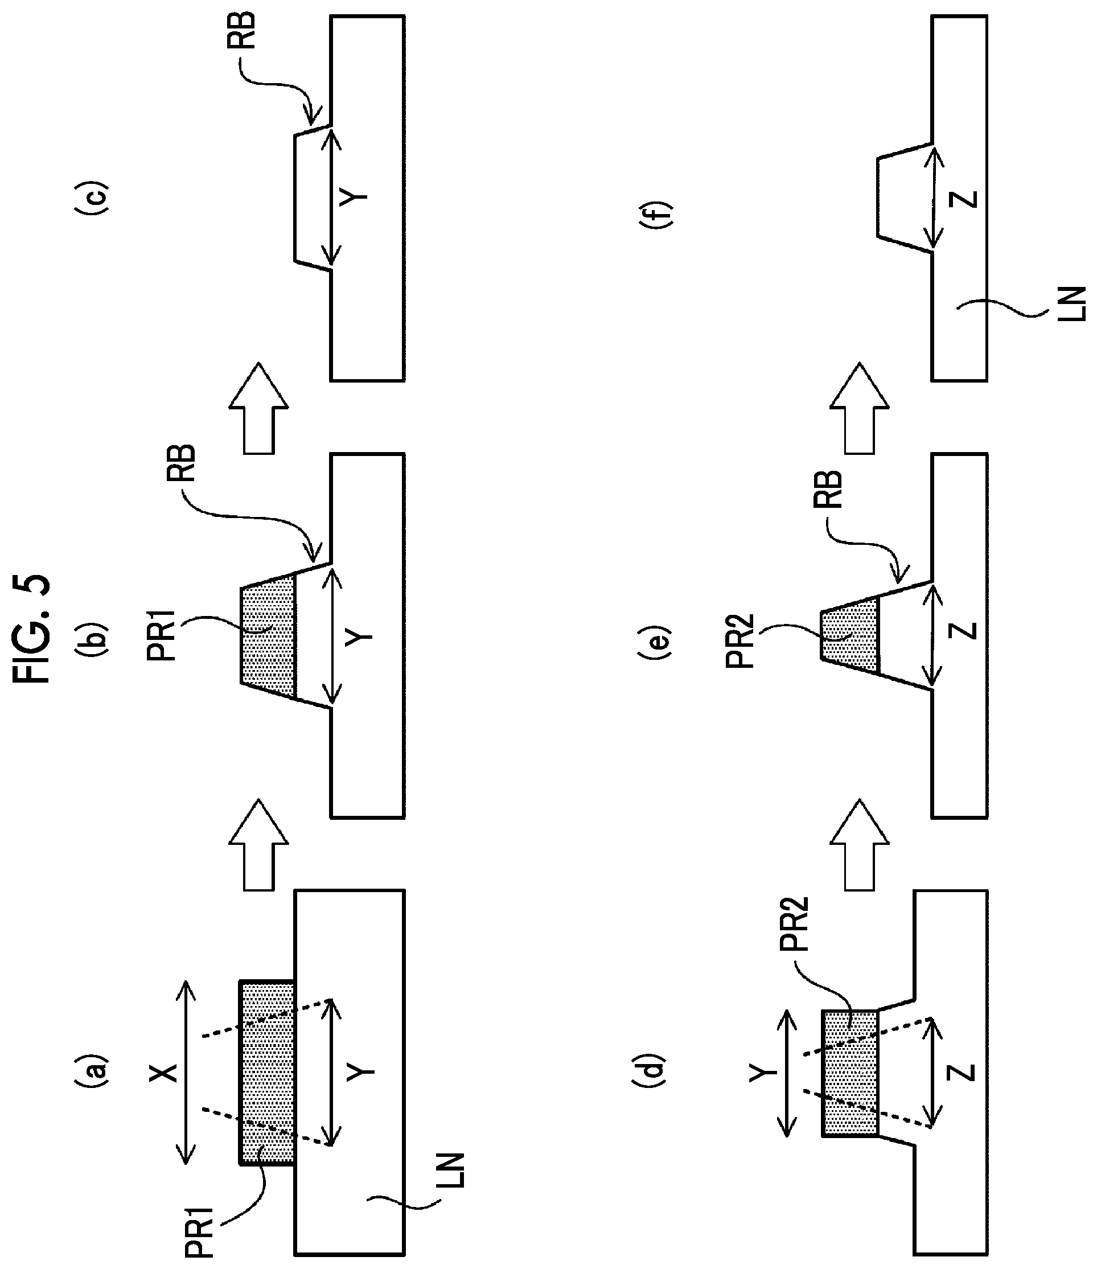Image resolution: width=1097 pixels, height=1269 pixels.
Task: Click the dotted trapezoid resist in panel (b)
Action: pyautogui.click(x=268, y=635)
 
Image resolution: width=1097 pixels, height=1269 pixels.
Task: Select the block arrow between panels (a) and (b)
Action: pyautogui.click(x=258, y=845)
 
